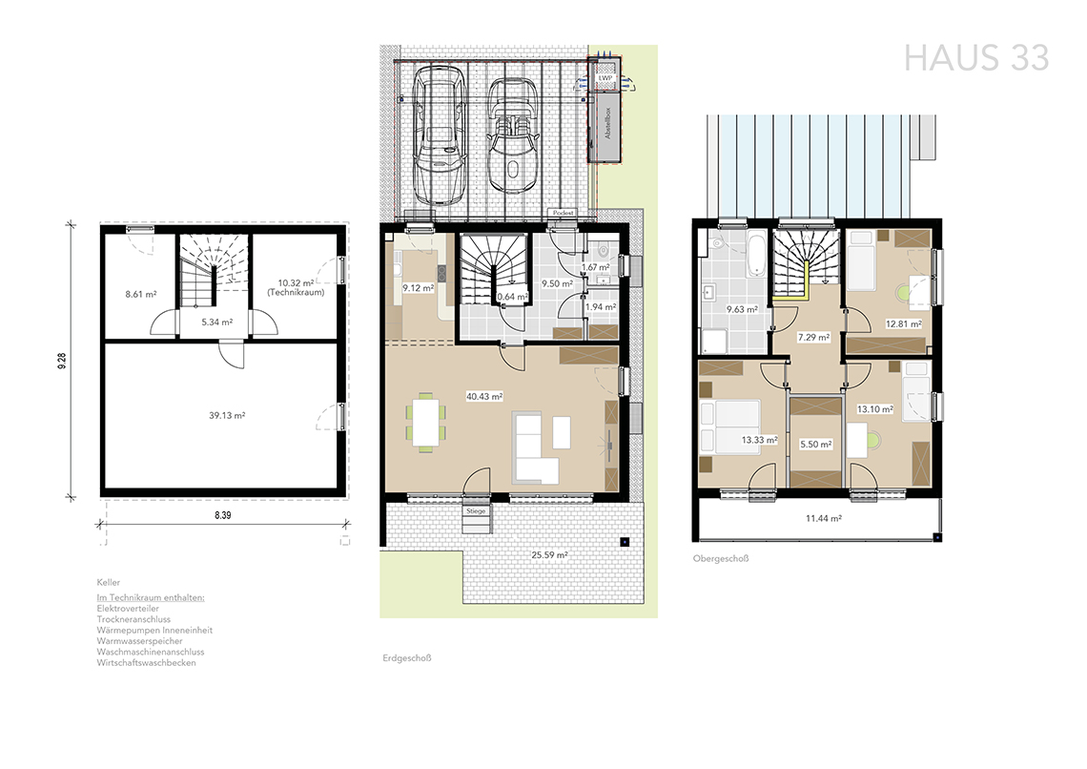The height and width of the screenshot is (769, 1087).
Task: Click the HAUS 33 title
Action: (x=976, y=58)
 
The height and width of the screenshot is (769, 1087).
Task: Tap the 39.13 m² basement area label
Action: (x=227, y=415)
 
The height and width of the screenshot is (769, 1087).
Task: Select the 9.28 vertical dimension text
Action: (x=62, y=361)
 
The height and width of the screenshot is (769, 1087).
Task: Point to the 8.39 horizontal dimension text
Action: (x=222, y=515)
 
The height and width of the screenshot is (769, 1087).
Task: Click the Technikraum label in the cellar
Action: (x=296, y=293)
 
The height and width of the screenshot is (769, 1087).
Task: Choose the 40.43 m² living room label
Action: (x=483, y=397)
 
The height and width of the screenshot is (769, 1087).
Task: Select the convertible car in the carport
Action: (x=512, y=135)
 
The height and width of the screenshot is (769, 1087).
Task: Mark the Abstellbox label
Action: (x=608, y=123)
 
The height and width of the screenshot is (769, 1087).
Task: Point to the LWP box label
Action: (x=605, y=78)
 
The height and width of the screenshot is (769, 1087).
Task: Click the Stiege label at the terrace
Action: (x=476, y=511)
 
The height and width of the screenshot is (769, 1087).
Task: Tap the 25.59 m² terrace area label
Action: (x=550, y=554)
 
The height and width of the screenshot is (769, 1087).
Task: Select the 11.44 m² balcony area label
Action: (x=824, y=518)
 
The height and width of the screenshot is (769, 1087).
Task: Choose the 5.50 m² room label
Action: (x=815, y=444)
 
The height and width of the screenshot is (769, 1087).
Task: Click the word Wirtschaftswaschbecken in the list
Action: (x=146, y=662)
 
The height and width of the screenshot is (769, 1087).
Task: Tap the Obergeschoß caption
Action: (x=721, y=558)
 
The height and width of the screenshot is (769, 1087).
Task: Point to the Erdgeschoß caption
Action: (x=407, y=658)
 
